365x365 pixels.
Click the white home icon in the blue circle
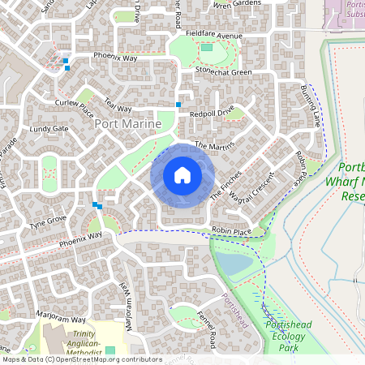point(182,175)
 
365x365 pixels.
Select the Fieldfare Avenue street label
point(213,36)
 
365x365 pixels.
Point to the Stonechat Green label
point(223,71)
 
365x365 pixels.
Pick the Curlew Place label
point(75,103)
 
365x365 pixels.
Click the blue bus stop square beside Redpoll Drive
point(178,105)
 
